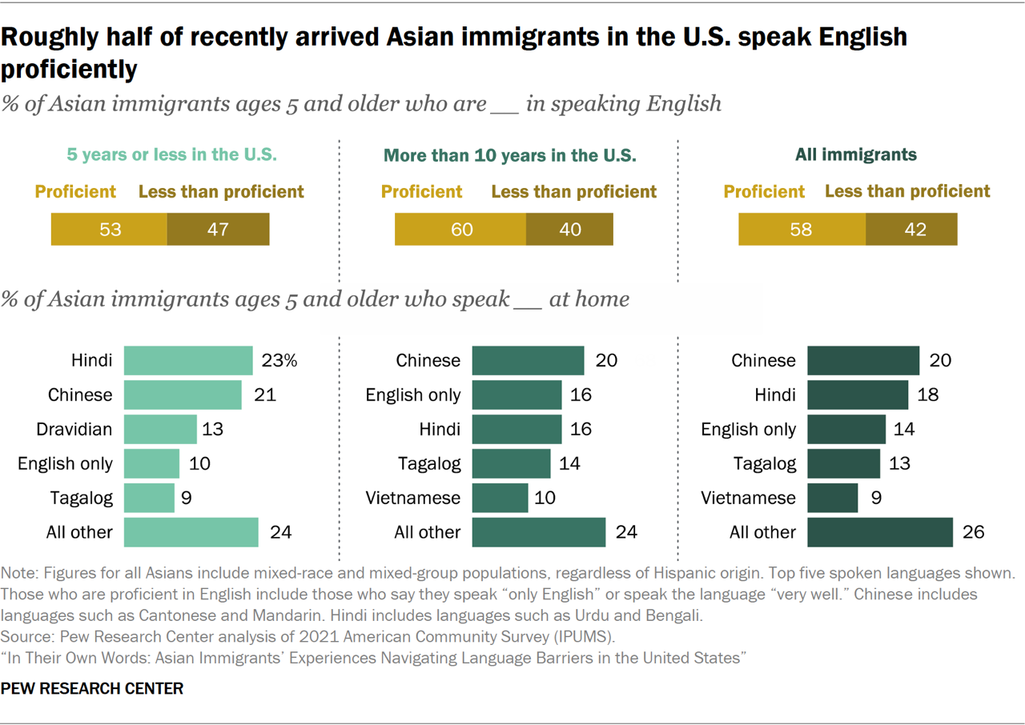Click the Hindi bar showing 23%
pyautogui.click(x=188, y=360)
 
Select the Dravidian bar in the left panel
pyautogui.click(x=160, y=429)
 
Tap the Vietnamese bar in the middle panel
pyautogui.click(x=500, y=498)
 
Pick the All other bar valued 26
pyautogui.click(x=879, y=532)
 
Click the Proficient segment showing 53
pyautogui.click(x=110, y=230)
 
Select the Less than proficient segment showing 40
pyautogui.click(x=569, y=230)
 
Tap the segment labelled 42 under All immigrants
pyautogui.click(x=911, y=230)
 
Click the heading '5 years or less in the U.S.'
pyautogui.click(x=171, y=155)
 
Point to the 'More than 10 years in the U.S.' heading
pyautogui.click(x=510, y=155)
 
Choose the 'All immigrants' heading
pyautogui.click(x=856, y=155)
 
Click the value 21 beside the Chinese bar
pyautogui.click(x=264, y=395)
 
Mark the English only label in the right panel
pyautogui.click(x=748, y=430)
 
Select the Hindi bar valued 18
pyautogui.click(x=857, y=395)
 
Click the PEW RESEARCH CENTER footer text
pyautogui.click(x=92, y=688)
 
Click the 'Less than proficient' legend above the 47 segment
pyautogui.click(x=221, y=192)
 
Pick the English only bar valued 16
pyautogui.click(x=517, y=395)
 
